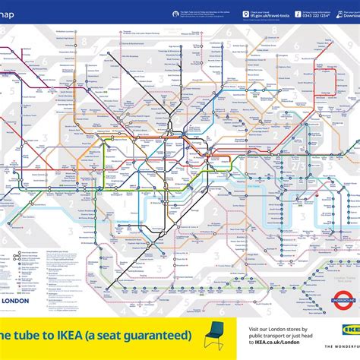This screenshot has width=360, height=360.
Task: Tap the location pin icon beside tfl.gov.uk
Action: pyautogui.click(x=246, y=14)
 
